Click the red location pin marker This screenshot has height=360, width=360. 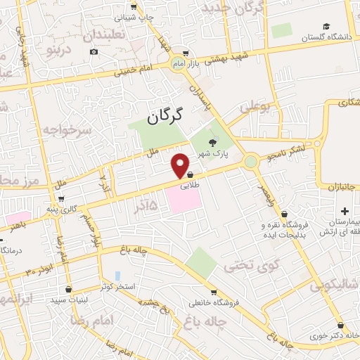tap(181, 165)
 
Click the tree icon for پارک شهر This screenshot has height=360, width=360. tap(213, 143)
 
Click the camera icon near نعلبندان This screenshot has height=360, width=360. tap(94, 51)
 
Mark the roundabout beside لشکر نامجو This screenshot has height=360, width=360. tap(251, 162)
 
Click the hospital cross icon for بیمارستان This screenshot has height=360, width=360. tap(345, 212)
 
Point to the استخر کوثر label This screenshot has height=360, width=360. tap(116, 286)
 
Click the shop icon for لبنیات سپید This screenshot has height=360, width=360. tap(67, 289)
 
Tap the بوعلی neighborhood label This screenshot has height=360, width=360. tap(255, 108)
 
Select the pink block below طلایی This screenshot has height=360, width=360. tap(184, 202)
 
